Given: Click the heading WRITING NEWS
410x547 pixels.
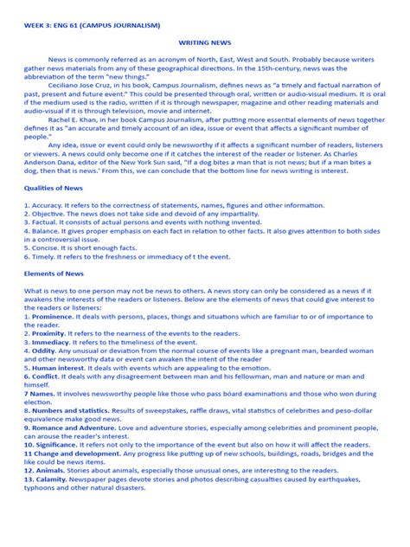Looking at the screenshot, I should click(204, 41).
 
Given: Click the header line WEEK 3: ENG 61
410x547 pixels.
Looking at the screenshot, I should click(92, 26).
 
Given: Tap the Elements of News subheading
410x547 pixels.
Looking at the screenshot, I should click(54, 273).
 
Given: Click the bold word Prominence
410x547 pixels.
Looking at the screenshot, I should click(54, 318).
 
